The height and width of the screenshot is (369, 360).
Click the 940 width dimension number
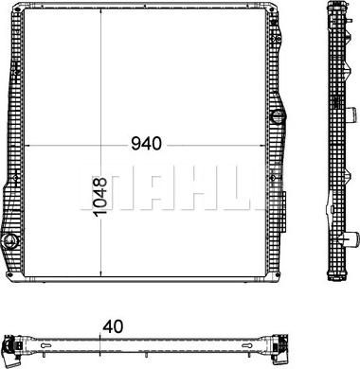pyautogui.click(x=146, y=144)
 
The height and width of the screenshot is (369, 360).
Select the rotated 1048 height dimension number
pyautogui.click(x=100, y=196)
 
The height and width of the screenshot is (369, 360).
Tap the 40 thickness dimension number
pyautogui.click(x=113, y=326)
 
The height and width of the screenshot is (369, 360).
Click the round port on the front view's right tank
pyautogui.click(x=278, y=117)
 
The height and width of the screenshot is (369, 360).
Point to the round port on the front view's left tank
pyautogui.click(x=10, y=241)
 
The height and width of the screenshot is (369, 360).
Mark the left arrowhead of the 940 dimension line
pyautogui.click(x=27, y=146)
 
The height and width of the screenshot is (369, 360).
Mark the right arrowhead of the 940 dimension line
pyautogui.click(x=261, y=146)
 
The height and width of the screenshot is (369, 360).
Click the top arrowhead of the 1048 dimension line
pyautogui.click(x=100, y=11)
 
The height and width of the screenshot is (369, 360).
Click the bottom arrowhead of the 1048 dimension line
pyautogui.click(x=100, y=273)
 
